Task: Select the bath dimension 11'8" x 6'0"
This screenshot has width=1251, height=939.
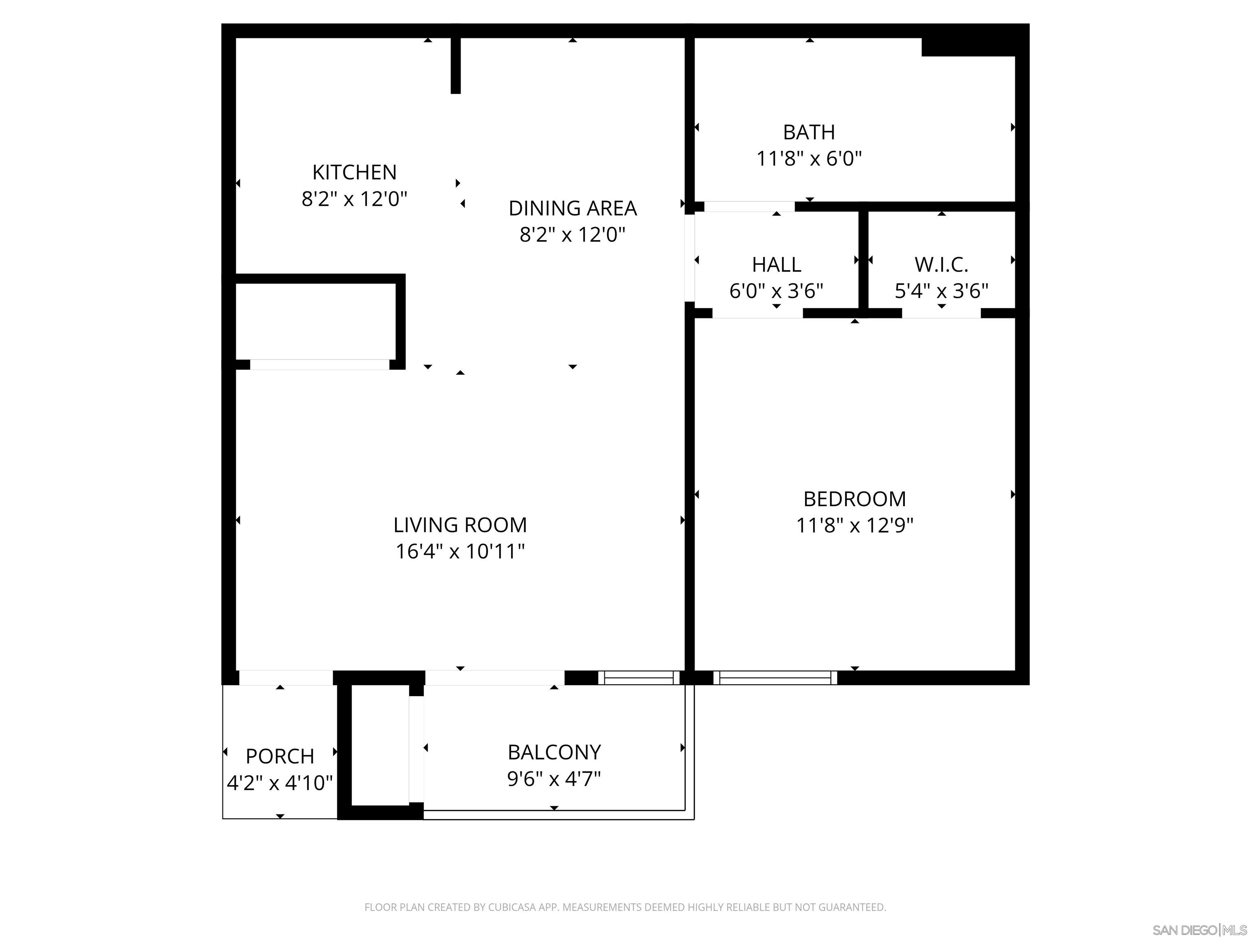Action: tap(809, 159)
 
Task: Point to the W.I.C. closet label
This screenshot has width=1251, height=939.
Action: tap(941, 265)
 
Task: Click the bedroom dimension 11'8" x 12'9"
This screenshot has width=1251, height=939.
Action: tap(854, 526)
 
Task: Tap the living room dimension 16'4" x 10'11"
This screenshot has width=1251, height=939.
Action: tap(460, 551)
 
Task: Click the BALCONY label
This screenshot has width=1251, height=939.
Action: tap(554, 752)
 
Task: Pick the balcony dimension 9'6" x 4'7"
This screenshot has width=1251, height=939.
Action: tap(554, 779)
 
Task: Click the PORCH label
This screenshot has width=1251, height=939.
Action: tap(279, 756)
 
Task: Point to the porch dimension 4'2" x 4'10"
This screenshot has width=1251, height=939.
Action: tap(279, 783)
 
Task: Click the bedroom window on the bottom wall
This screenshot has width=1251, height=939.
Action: tap(775, 677)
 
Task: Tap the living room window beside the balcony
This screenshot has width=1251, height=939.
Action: tap(639, 677)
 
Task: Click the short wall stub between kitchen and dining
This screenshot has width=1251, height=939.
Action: tap(455, 65)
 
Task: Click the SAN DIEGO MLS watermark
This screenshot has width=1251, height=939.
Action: tap(1199, 930)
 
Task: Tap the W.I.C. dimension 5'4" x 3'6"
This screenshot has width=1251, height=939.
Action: tap(941, 291)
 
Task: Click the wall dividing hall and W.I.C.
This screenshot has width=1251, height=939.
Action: tap(863, 260)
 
